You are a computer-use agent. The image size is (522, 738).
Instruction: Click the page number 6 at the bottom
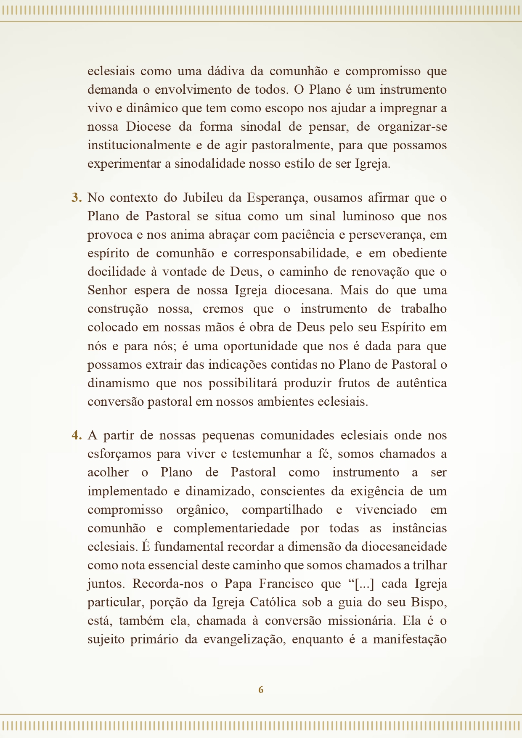point(261,690)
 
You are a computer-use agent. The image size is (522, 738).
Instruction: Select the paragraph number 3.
point(76,198)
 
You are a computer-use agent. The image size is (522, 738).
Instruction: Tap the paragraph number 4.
point(76,435)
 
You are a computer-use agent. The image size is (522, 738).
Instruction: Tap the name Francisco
point(286,584)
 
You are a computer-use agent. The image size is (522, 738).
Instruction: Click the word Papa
point(238,584)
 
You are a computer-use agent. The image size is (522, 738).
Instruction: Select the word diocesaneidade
point(404,547)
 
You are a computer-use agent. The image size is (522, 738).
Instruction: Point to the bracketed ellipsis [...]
point(364,584)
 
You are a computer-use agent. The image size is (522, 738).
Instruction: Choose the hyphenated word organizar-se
point(412,127)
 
